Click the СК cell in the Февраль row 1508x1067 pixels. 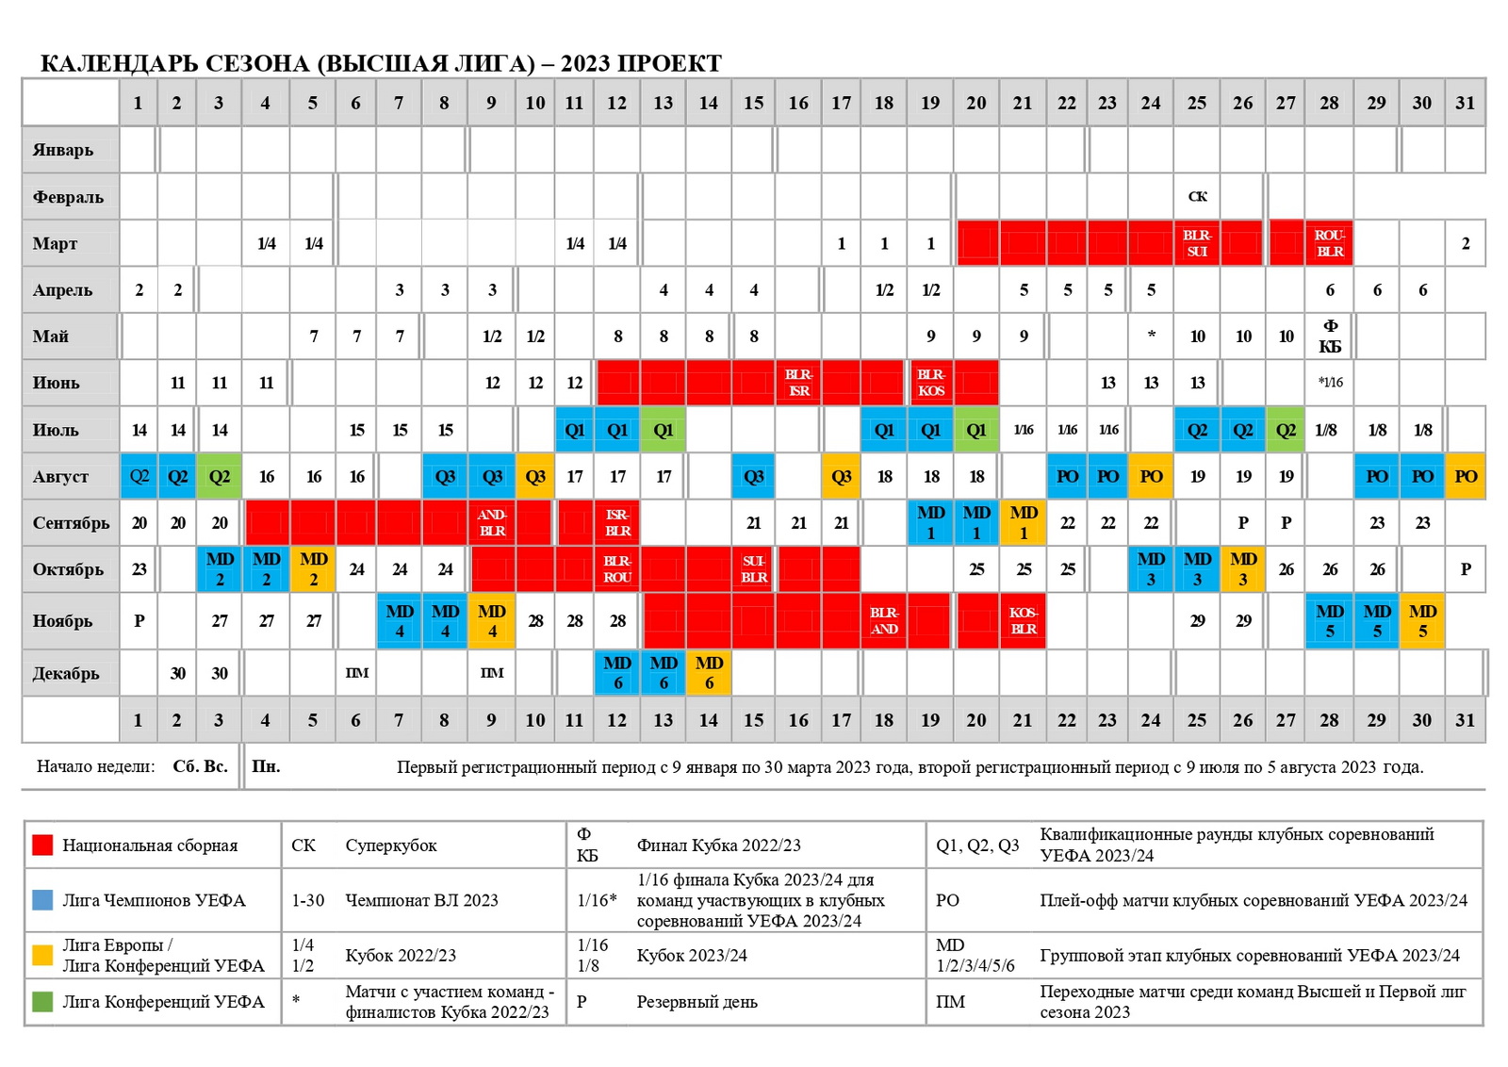point(1197,197)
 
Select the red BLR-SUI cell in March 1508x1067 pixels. point(1197,243)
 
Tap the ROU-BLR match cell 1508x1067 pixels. point(1329,243)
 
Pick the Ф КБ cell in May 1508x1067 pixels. point(1329,337)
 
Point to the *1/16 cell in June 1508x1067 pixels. point(1330,383)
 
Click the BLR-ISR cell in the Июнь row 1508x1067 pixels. point(798,383)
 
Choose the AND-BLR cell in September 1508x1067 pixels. point(492,523)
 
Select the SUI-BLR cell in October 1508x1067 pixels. point(753,569)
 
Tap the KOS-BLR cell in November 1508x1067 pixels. point(1023,621)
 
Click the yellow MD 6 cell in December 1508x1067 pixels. point(709,673)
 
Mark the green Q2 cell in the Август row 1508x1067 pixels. point(219,476)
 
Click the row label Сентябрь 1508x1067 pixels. point(71,523)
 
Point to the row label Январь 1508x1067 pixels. point(63,150)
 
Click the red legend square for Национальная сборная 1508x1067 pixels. point(42,845)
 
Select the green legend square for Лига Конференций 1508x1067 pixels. point(42,1001)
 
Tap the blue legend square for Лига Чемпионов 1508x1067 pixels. point(42,899)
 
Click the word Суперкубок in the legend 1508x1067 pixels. point(391,845)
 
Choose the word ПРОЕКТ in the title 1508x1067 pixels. point(670,63)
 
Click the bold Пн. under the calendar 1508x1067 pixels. point(266,766)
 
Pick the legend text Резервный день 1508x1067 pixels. point(697,1002)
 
